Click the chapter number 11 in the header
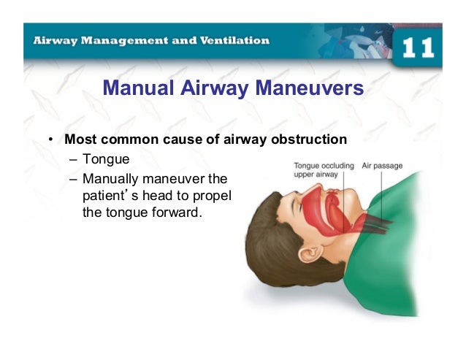pos(418,47)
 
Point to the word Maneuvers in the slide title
pos(308,89)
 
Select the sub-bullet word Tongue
pos(106,158)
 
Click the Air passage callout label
pos(382,166)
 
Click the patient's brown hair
pos(270,241)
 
